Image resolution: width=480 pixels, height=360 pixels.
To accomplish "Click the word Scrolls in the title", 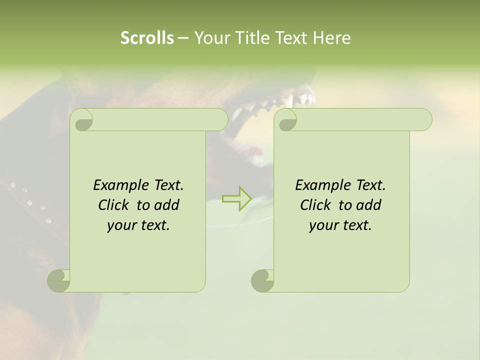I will [147, 38].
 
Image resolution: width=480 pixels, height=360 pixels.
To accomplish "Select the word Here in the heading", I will [332, 38].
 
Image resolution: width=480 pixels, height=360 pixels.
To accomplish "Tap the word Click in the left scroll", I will [113, 205].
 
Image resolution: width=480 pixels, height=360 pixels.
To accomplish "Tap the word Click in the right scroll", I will [315, 205].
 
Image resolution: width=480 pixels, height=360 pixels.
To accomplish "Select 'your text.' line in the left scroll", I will [138, 225].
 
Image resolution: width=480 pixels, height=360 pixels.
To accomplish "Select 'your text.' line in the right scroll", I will [340, 225].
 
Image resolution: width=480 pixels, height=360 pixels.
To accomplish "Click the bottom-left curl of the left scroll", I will [59, 280].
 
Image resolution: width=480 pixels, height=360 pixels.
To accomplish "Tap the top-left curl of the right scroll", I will [286, 120].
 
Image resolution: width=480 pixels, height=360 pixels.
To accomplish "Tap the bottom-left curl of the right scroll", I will [262, 280].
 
